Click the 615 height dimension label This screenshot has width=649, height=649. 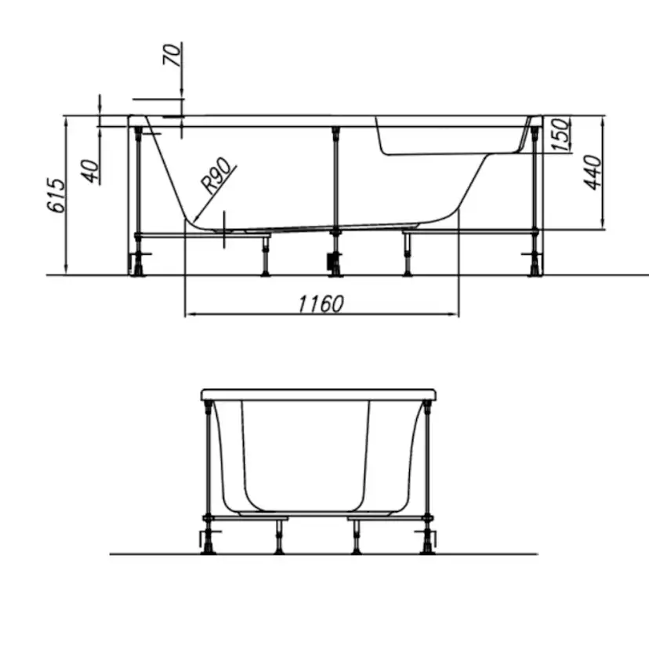[x=56, y=195]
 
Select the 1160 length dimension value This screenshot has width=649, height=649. [x=321, y=304]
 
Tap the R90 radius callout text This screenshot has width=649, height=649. [x=216, y=176]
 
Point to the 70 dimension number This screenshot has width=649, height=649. [x=172, y=54]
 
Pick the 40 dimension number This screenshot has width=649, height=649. [x=90, y=171]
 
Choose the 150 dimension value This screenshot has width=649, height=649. [x=561, y=134]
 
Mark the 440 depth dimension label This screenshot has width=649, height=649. [x=593, y=172]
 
